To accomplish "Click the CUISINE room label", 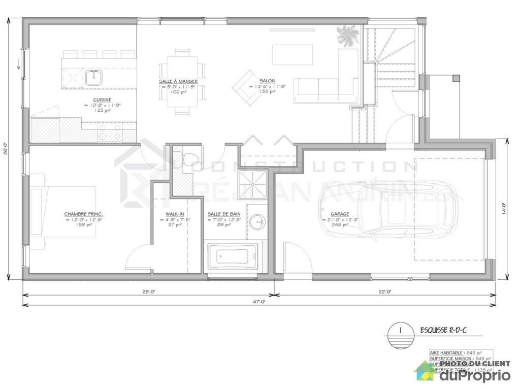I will tap(102, 100).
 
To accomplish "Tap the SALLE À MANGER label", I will tap(178, 81).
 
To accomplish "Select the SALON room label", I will tap(267, 81).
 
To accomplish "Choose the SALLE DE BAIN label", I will tap(223, 214).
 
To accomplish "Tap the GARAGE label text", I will tap(340, 214).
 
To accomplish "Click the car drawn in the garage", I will tap(391, 208).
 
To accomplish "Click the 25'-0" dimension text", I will tap(148, 291).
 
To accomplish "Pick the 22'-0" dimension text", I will tap(385, 291).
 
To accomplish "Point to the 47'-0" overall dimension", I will tap(259, 302).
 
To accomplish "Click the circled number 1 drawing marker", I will tap(401, 331).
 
